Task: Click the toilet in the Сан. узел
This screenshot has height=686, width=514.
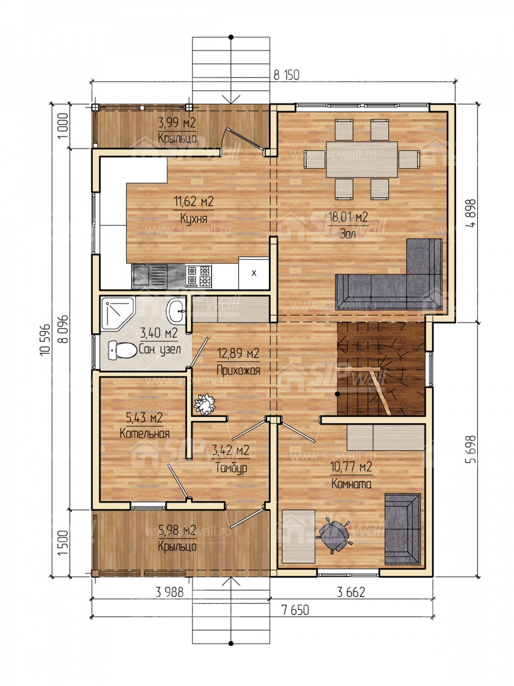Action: coord(123,350)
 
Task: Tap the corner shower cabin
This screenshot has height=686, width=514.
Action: coord(117,313)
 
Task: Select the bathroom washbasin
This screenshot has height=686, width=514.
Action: coord(176,310)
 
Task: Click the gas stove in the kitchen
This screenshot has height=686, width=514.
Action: coord(199,276)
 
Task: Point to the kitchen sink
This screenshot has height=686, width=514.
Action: coord(150,276)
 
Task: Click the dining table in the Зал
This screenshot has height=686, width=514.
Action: coord(362,159)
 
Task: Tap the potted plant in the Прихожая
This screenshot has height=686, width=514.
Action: coord(204,404)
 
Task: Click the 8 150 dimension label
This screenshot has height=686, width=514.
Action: coord(286,75)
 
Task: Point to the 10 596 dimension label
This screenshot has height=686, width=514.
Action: coord(45,340)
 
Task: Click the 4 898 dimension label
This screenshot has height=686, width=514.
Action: coord(472,213)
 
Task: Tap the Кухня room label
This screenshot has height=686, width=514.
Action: coord(194,218)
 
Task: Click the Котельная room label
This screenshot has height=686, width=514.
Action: coord(144,433)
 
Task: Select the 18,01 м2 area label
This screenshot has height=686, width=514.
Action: coord(348,217)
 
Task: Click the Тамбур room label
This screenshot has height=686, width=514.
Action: coord(231,468)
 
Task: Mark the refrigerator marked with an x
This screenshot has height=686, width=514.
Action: coord(254,273)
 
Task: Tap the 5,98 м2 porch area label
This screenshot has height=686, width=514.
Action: coord(177,530)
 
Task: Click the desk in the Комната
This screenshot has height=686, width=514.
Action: coord(299,536)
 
